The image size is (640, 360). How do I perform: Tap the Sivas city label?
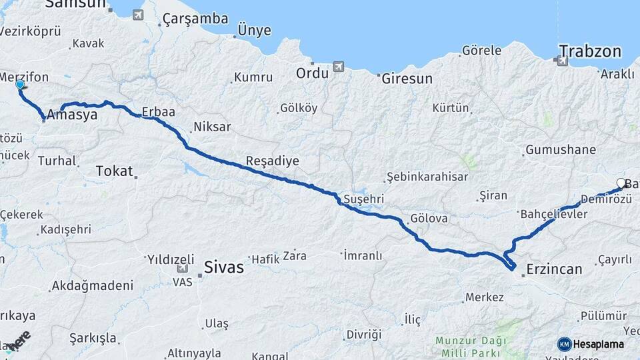point(224,268)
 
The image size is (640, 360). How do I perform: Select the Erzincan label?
point(554,269)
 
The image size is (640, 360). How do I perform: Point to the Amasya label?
point(72,115)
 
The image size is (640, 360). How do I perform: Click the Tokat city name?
point(114,171)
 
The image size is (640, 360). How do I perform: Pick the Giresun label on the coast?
point(407,79)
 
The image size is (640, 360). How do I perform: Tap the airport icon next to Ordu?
point(339,67)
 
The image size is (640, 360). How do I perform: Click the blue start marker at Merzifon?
point(20,85)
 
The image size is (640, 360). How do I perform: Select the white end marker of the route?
point(621,183)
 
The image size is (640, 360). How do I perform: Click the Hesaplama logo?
point(591,344)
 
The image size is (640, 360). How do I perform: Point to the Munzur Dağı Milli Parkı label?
point(470,345)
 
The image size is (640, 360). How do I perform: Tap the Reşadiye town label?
point(272,161)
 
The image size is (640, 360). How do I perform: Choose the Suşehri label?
point(363,199)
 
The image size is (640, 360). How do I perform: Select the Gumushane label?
point(560,150)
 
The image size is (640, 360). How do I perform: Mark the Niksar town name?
point(212,127)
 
